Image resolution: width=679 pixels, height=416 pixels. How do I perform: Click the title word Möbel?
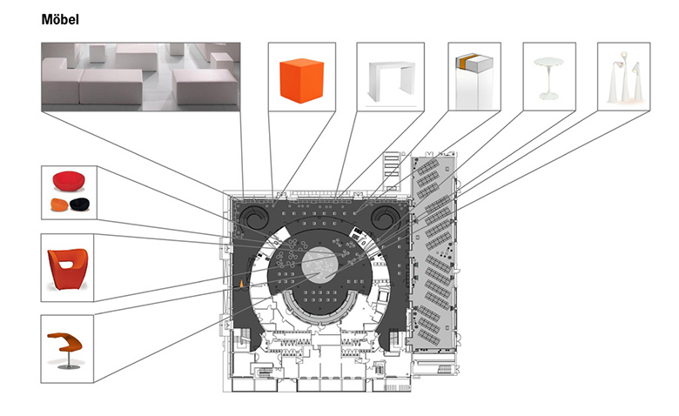point(60,19)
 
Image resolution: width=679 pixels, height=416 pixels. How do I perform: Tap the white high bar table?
point(391,78)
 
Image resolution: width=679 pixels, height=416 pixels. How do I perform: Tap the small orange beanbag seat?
point(58,206)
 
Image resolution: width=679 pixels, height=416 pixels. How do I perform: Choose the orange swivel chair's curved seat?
point(64,337)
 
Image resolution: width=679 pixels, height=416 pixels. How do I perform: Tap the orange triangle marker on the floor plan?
point(243,283)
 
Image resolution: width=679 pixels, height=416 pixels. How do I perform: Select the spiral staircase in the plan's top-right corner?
point(384,214)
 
